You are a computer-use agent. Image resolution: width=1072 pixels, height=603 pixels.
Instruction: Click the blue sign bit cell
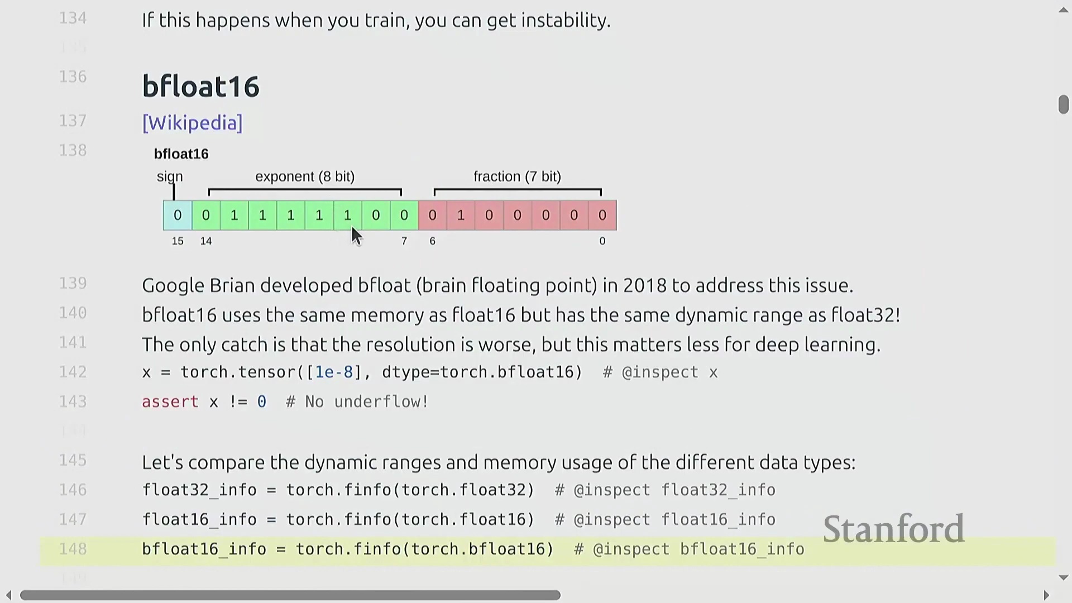tap(178, 216)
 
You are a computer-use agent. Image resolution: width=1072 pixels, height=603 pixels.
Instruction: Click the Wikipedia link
tap(193, 123)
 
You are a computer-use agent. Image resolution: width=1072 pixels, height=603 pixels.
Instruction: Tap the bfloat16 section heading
tap(201, 86)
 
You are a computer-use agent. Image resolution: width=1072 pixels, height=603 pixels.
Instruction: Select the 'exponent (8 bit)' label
tap(305, 176)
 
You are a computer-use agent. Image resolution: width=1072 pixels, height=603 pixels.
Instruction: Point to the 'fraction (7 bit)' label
tap(517, 176)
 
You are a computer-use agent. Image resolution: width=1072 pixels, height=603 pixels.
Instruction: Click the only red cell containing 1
tap(461, 216)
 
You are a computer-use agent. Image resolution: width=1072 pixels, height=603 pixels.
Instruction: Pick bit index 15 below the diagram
tap(178, 241)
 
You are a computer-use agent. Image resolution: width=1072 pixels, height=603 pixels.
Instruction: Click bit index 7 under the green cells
tap(404, 241)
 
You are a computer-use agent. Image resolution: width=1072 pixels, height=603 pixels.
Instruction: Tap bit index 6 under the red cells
tap(432, 241)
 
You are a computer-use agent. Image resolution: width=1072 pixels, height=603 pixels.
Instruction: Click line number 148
tap(73, 549)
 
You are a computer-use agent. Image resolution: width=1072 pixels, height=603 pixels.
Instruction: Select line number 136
tap(73, 76)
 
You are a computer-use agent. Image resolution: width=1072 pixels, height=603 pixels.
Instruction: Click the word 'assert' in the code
tap(170, 402)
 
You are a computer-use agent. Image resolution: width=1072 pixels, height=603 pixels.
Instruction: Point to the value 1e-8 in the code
tap(334, 372)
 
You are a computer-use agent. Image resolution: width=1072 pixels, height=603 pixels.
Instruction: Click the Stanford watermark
tap(894, 529)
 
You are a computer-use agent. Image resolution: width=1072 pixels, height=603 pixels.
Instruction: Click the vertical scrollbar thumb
tap(1063, 104)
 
